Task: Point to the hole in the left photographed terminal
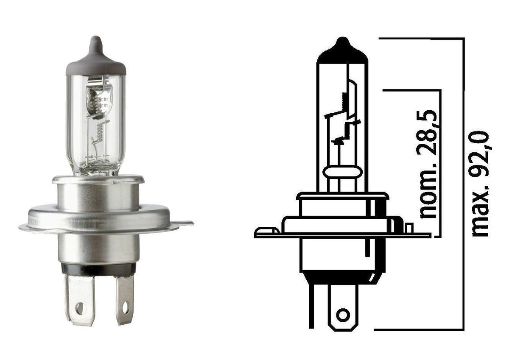[80, 308]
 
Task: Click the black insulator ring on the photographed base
[98, 269]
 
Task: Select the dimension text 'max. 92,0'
[480, 184]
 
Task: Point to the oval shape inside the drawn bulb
[342, 172]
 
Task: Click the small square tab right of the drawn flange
[409, 228]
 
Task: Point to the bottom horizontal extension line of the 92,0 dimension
[418, 329]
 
